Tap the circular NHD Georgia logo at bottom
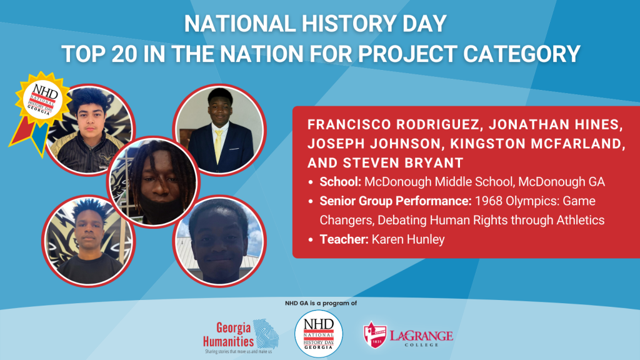point(319,334)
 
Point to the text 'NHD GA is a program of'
point(319,303)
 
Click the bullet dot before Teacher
point(311,240)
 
